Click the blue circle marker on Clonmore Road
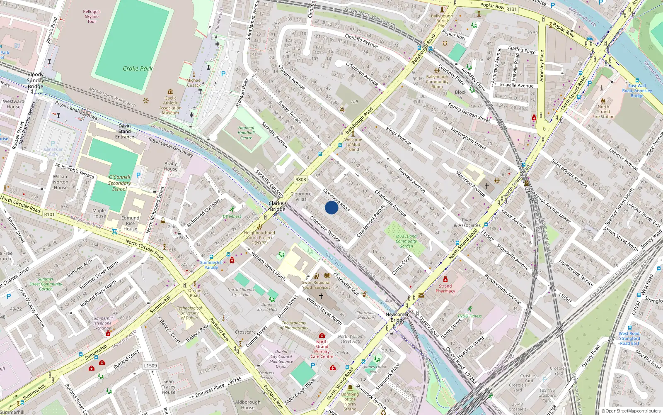pyautogui.click(x=331, y=207)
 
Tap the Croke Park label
pyautogui.click(x=138, y=68)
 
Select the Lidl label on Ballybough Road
pyautogui.click(x=354, y=102)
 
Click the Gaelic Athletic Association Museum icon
pyautogui.click(x=170, y=92)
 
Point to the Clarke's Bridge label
pyautogui.click(x=278, y=206)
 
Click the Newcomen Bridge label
pyautogui.click(x=397, y=317)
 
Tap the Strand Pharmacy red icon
pyautogui.click(x=445, y=279)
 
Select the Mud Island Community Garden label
pyautogui.click(x=406, y=241)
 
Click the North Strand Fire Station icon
pyautogui.click(x=603, y=100)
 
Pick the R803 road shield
pyautogui.click(x=301, y=180)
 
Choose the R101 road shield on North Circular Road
pyautogui.click(x=49, y=214)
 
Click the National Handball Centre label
pyautogui.click(x=246, y=133)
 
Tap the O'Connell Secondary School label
pyautogui.click(x=119, y=183)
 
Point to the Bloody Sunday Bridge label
pyautogui.click(x=35, y=81)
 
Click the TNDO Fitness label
pyautogui.click(x=469, y=316)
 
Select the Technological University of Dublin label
pyautogui.click(x=189, y=313)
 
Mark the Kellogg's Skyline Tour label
pyautogui.click(x=92, y=17)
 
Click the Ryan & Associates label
pyautogui.click(x=467, y=223)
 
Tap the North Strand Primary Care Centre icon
pyautogui.click(x=322, y=335)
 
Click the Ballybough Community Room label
pyautogui.click(x=437, y=81)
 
